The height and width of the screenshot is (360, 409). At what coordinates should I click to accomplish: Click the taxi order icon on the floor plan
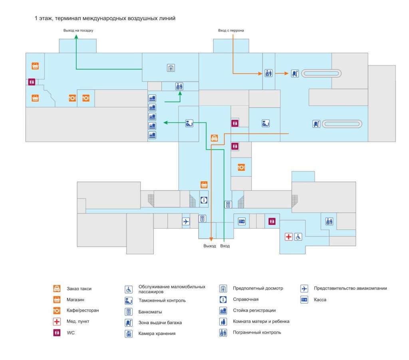click(x=214, y=138)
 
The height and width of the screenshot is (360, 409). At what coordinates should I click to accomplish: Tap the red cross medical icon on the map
click(x=288, y=237)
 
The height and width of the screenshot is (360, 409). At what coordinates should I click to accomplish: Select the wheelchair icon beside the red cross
click(x=298, y=237)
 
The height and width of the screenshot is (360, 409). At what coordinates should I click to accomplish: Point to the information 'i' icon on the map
click(x=204, y=200)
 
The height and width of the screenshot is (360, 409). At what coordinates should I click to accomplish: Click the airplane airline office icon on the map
click(x=186, y=221)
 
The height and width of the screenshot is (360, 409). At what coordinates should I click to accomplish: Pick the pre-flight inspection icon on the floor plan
click(x=171, y=68)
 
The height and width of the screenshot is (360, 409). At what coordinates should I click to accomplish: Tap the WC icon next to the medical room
click(x=272, y=221)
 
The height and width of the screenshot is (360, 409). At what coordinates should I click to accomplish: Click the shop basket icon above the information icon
click(x=204, y=184)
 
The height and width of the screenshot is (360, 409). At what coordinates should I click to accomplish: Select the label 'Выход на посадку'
click(x=78, y=30)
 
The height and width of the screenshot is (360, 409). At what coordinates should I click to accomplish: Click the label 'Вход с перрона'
click(x=231, y=30)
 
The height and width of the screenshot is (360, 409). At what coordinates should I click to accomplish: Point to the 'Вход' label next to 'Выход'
click(x=225, y=246)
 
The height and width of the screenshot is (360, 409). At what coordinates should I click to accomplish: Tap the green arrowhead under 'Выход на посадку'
click(x=76, y=37)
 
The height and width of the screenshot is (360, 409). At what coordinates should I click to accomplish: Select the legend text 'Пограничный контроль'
click(x=257, y=332)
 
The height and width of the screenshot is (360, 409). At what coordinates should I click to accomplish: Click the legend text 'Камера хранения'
click(x=157, y=333)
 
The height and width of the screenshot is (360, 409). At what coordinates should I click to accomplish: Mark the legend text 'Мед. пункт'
click(x=78, y=321)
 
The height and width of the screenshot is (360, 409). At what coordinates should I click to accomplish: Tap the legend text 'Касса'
click(x=320, y=300)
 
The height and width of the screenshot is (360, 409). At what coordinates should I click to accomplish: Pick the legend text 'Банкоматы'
click(x=150, y=312)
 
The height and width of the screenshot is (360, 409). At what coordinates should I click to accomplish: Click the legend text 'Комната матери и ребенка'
click(x=261, y=321)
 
